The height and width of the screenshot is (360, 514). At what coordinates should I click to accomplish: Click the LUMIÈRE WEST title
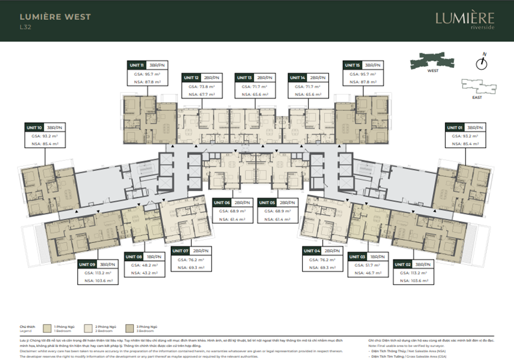55,16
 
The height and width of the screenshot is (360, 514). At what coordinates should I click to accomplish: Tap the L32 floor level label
25,27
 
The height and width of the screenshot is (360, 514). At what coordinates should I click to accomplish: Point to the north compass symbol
481,62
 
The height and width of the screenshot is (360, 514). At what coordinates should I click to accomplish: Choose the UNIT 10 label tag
34,127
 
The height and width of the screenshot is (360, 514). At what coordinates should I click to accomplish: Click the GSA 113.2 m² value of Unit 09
97,272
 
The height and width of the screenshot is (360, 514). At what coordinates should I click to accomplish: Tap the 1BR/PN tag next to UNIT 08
154,256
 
